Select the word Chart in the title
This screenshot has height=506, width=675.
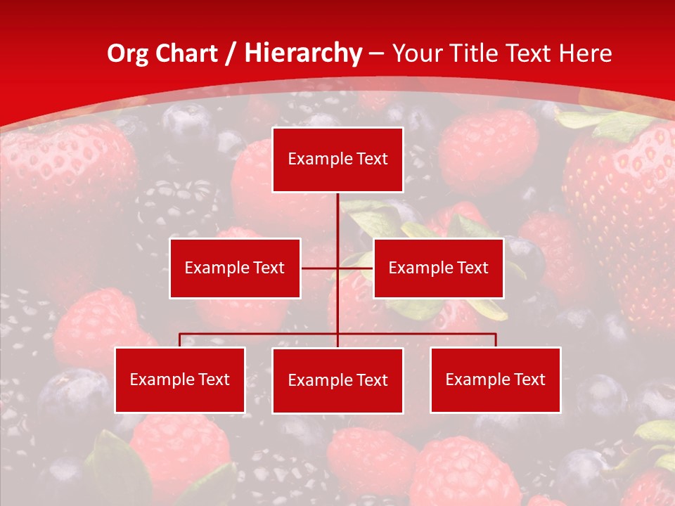pyautogui.click(x=187, y=54)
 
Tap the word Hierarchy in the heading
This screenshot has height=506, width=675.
pyautogui.click(x=302, y=54)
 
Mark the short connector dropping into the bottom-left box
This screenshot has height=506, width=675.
pyautogui.click(x=180, y=340)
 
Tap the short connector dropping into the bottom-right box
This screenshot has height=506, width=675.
pyautogui.click(x=496, y=340)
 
